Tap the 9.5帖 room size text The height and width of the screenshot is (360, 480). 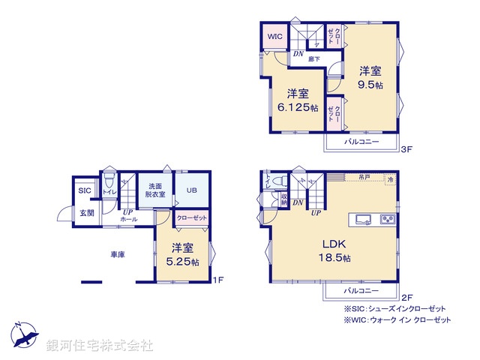click(370, 85)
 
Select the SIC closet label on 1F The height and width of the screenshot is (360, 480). click(84, 191)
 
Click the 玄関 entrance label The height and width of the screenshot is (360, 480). click(86, 213)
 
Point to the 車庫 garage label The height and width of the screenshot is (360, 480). click(115, 254)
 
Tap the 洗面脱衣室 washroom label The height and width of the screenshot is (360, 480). click(154, 190)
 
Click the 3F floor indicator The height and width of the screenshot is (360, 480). click(406, 150)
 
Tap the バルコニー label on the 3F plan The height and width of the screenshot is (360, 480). click(361, 141)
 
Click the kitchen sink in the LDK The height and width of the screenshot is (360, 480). click(362, 220)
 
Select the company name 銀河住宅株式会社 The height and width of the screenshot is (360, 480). click(100, 346)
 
